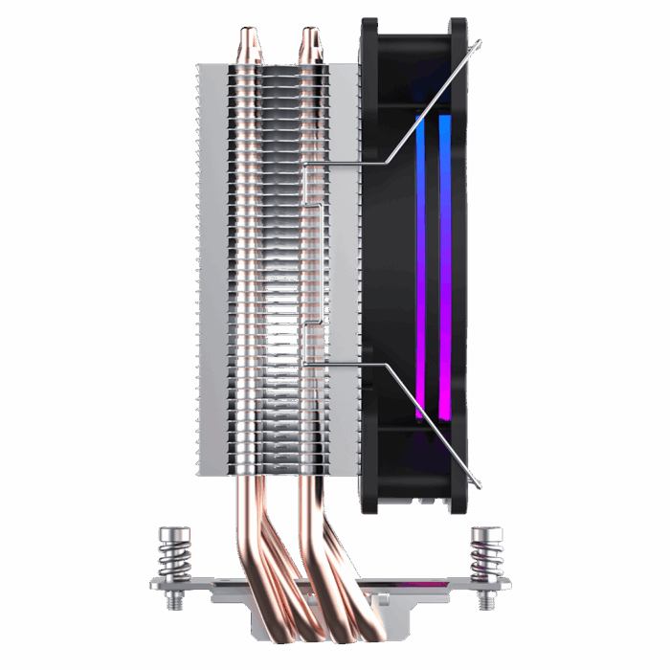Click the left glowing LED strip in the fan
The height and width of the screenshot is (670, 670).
pyautogui.click(x=419, y=268)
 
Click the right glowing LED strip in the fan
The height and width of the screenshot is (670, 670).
pyautogui.click(x=444, y=268)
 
